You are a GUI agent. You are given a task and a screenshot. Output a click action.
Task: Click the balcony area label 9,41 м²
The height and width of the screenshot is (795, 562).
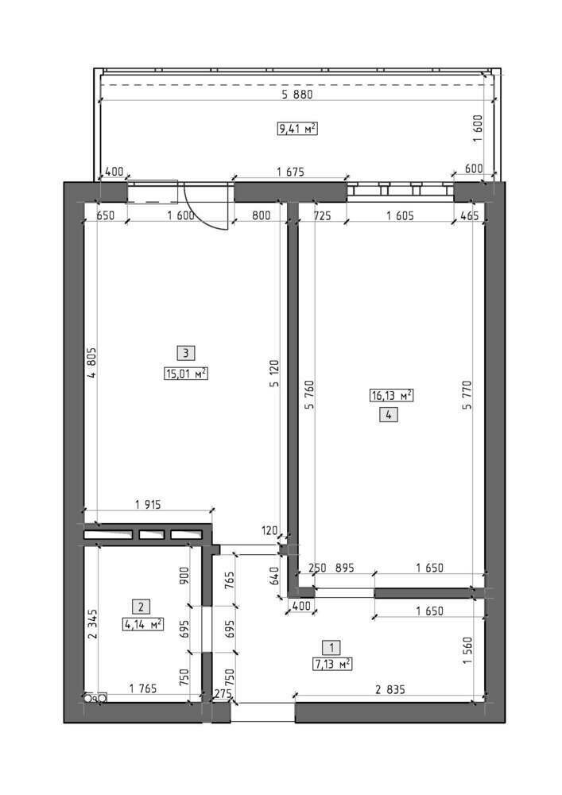pyautogui.click(x=297, y=128)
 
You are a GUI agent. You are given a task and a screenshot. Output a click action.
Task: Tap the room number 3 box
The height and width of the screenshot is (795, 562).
pyautogui.click(x=186, y=353)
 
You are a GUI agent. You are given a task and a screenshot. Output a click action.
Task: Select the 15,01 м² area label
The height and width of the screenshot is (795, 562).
pyautogui.click(x=186, y=374)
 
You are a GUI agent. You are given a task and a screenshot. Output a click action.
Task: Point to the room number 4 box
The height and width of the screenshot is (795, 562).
pyautogui.click(x=389, y=415)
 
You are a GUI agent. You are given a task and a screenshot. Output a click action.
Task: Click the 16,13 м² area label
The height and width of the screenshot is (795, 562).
pyautogui.click(x=392, y=395)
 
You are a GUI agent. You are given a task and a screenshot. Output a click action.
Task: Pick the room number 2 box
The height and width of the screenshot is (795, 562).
pyautogui.click(x=141, y=607)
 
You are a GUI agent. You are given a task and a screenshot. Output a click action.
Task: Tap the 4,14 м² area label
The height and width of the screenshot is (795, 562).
pyautogui.click(x=142, y=624)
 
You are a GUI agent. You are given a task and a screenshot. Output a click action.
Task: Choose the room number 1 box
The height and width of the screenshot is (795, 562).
pyautogui.click(x=331, y=647)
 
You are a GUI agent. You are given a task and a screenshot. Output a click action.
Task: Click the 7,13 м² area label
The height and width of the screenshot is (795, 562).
pyautogui.click(x=332, y=664)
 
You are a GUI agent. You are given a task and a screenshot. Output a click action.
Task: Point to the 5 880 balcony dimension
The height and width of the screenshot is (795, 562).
pyautogui.click(x=297, y=94)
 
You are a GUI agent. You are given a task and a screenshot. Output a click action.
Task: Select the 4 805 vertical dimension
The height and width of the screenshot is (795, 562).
pyautogui.click(x=91, y=363)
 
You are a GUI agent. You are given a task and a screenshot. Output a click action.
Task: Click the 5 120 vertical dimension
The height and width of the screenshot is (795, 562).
pyautogui.click(x=274, y=374)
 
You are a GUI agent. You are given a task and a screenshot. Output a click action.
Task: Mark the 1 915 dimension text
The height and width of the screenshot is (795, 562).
pyautogui.click(x=148, y=505)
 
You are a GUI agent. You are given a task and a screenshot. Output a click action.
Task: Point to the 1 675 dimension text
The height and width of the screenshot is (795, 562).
pyautogui.click(x=290, y=172)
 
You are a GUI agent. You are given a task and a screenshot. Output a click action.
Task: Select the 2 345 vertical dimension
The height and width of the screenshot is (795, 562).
pyautogui.click(x=91, y=624)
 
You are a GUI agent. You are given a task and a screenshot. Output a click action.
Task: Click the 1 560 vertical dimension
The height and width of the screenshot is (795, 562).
pyautogui.click(x=467, y=651)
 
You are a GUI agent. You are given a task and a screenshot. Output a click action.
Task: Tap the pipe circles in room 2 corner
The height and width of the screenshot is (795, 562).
pyautogui.click(x=95, y=698)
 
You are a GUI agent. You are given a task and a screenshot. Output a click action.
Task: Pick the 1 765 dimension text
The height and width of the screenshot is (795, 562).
pyautogui.click(x=143, y=688)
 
